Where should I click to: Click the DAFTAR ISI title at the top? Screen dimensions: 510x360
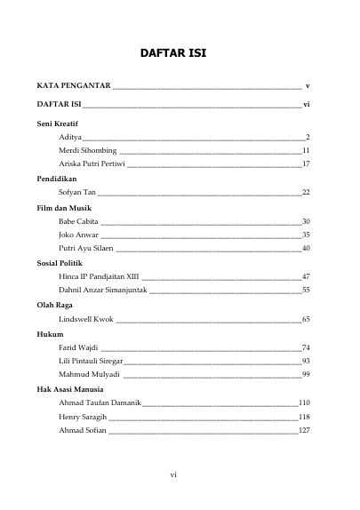point(180,53)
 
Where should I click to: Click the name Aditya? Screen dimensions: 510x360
point(70,138)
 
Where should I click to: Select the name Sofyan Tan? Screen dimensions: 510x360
point(76,192)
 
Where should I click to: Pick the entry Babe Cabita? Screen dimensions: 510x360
point(78,220)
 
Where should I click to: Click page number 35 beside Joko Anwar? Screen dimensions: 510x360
point(305,235)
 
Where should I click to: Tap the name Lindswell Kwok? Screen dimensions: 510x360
point(86,318)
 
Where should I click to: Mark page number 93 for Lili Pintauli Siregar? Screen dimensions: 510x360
point(305,361)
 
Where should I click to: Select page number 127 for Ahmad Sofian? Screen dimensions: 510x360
point(303,430)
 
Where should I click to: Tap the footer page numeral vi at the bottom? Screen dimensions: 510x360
point(174,475)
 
